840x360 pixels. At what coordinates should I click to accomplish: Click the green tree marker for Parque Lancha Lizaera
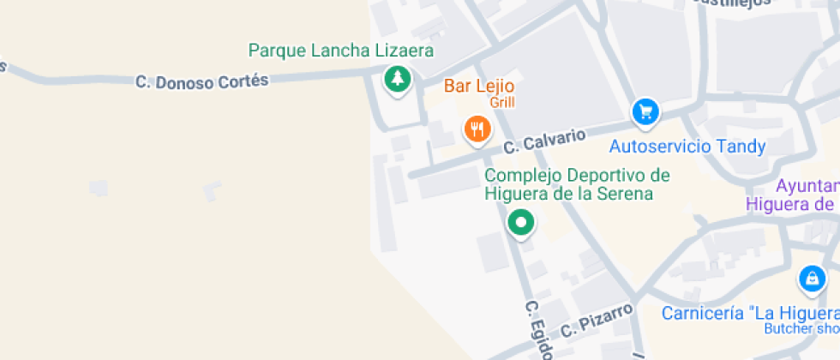pos(397,80)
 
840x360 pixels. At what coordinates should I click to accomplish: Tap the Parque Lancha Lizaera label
pos(340,51)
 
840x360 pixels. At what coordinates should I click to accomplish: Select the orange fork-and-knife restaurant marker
pos(477,129)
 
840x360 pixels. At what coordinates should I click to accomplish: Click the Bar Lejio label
pos(478,87)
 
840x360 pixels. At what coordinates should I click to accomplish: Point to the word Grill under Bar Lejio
pos(501,103)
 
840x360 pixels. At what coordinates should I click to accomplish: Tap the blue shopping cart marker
pos(645,111)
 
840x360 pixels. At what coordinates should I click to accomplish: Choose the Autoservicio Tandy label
pos(687,147)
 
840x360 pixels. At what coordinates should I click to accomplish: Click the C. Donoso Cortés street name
pos(201,81)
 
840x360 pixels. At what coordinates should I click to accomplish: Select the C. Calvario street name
pos(545,141)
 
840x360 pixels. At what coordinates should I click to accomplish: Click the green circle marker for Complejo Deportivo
pos(521,223)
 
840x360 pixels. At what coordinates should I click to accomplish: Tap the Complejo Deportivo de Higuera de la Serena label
pos(576,184)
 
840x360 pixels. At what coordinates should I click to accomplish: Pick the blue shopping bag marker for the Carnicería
pos(811,279)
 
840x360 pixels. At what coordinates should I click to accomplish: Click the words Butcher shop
pos(801,329)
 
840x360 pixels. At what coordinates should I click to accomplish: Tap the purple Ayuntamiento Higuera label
pos(793,195)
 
